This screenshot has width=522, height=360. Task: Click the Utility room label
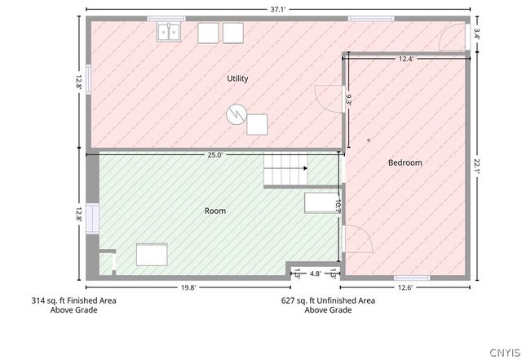pyautogui.click(x=237, y=78)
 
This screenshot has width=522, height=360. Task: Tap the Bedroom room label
pyautogui.click(x=405, y=162)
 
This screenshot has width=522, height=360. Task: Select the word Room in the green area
pyautogui.click(x=215, y=211)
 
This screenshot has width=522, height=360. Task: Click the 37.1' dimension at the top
pyautogui.click(x=277, y=9)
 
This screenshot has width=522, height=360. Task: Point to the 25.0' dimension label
pyautogui.click(x=215, y=154)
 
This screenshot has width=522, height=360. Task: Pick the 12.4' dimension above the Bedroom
pyautogui.click(x=406, y=59)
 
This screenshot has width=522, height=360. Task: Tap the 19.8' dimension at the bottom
pyautogui.click(x=188, y=287)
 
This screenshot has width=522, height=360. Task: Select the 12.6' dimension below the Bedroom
pyautogui.click(x=405, y=287)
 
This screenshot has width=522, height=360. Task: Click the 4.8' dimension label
pyautogui.click(x=316, y=273)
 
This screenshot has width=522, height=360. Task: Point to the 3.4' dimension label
pyautogui.click(x=476, y=34)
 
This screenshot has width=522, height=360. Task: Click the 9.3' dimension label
pyautogui.click(x=348, y=100)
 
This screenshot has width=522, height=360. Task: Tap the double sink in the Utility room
pyautogui.click(x=169, y=32)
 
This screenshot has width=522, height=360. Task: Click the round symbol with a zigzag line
pyautogui.click(x=237, y=114)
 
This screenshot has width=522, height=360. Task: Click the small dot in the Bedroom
pyautogui.click(x=369, y=140)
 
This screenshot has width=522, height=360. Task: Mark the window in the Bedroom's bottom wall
pyautogui.click(x=412, y=278)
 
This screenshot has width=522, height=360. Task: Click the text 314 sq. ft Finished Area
pyautogui.click(x=74, y=300)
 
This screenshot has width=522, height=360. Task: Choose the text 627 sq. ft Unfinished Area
pyautogui.click(x=328, y=300)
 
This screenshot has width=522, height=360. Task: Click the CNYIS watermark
pyautogui.click(x=505, y=353)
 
